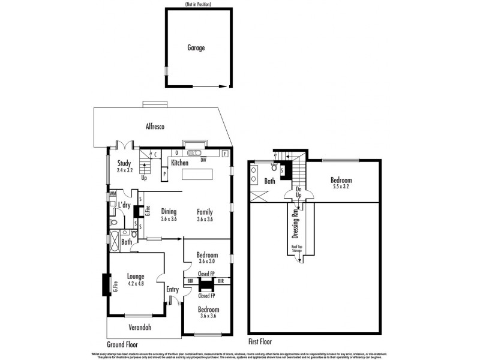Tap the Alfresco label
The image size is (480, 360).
155,127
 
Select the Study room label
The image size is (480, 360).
124,163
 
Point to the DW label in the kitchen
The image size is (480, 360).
203,160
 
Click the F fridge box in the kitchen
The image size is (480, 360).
226,154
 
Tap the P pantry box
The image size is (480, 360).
164,174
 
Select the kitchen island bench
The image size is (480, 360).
197,175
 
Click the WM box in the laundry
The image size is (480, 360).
112,194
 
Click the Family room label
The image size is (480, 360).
205,212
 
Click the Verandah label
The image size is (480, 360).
139,328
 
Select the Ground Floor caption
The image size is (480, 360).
123,344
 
